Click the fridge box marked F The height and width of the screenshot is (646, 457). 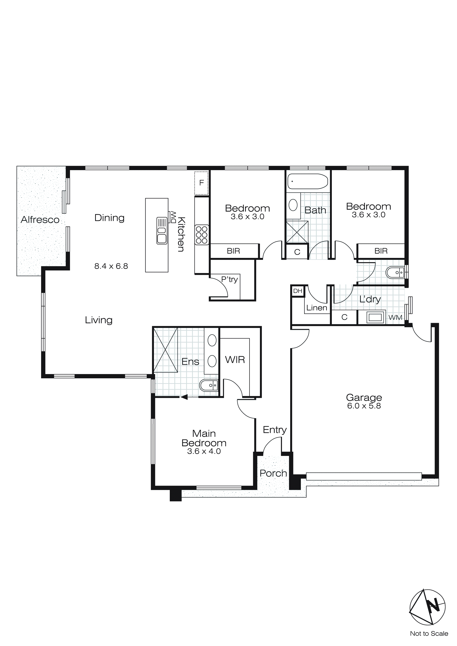[x=201, y=183]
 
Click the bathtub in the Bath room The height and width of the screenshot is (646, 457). [x=307, y=181]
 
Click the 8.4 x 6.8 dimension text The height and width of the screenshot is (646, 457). [x=111, y=266]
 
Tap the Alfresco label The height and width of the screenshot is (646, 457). [x=40, y=220]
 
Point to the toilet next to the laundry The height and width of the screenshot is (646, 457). [x=395, y=273]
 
